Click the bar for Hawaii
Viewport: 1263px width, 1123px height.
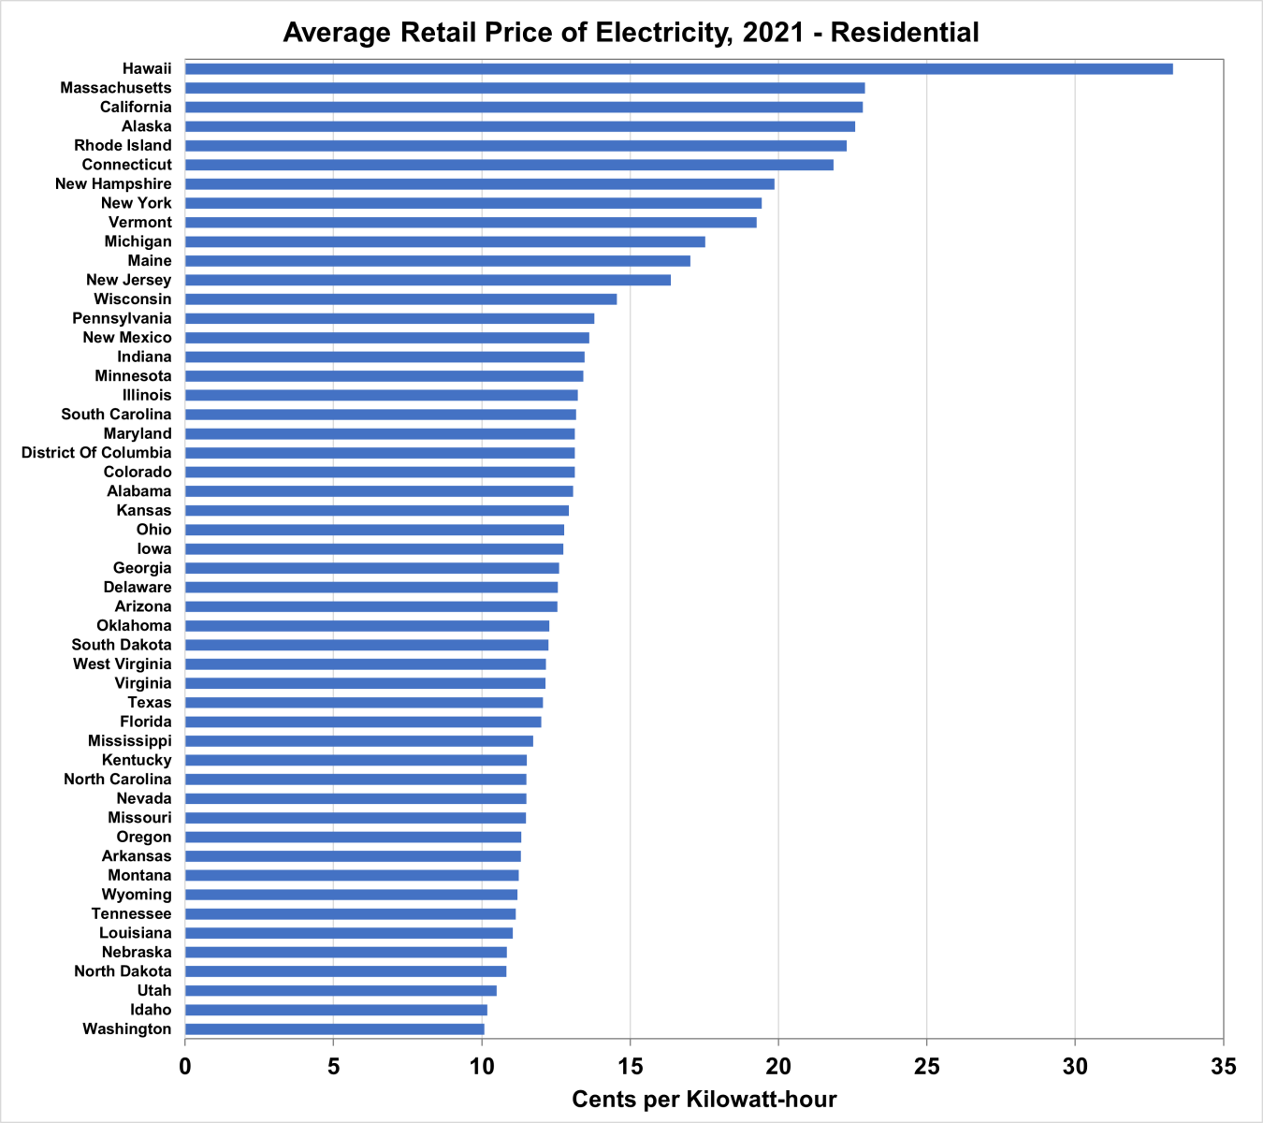click(678, 69)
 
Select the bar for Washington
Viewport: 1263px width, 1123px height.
click(335, 1029)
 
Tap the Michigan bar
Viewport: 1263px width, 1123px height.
click(444, 241)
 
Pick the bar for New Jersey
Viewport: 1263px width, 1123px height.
click(428, 280)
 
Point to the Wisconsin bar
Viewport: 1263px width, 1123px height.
click(400, 299)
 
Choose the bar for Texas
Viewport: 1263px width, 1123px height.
click(364, 703)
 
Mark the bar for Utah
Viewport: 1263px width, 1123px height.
click(341, 991)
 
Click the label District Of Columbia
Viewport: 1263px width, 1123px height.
click(96, 453)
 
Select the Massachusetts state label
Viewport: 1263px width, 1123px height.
click(116, 88)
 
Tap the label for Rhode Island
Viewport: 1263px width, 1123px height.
click(123, 146)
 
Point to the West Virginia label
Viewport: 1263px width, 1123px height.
click(123, 664)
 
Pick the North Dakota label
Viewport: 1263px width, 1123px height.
click(123, 971)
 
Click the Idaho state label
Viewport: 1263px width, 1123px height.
click(151, 1010)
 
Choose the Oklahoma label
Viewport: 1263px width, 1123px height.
click(134, 626)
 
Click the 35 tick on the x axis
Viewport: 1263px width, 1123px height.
click(1223, 1066)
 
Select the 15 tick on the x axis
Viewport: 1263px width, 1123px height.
click(630, 1066)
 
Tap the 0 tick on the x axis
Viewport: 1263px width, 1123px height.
click(185, 1066)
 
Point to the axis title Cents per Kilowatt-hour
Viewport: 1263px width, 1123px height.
click(704, 1099)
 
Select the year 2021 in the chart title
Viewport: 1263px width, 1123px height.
click(772, 33)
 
